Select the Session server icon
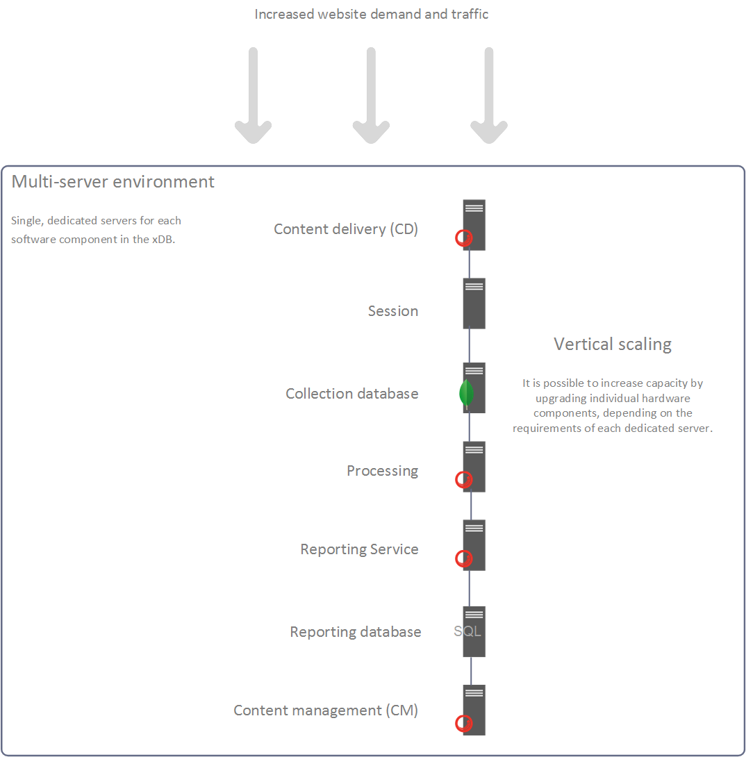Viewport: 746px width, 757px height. point(474,303)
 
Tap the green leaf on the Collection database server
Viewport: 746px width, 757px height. point(466,393)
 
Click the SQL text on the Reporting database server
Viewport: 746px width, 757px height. point(467,631)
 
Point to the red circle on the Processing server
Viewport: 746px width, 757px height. point(463,479)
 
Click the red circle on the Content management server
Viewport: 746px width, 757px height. point(463,723)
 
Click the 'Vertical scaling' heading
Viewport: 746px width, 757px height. point(613,344)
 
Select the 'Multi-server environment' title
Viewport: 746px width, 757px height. point(113,182)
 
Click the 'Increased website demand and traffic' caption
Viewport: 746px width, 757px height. point(372,14)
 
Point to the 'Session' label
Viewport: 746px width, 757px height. point(393,311)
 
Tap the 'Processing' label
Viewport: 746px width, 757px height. point(383,471)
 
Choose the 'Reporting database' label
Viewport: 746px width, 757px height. point(356,632)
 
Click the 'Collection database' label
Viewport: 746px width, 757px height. point(352,394)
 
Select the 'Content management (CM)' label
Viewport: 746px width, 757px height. point(326,710)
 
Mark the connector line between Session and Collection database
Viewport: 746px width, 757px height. point(470,345)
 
